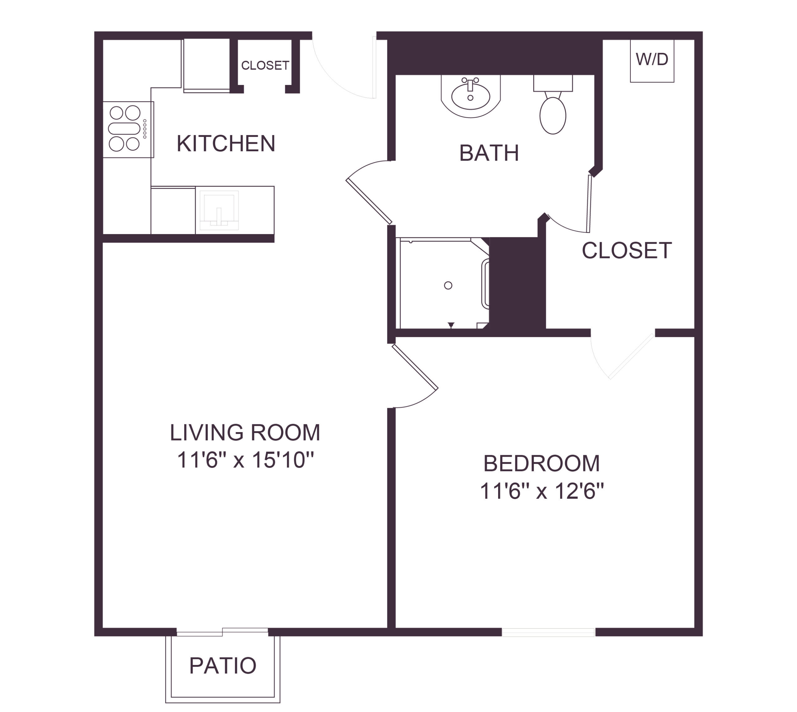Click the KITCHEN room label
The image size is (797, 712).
click(x=226, y=143)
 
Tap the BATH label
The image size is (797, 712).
click(x=489, y=153)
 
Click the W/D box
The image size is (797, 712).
click(x=652, y=61)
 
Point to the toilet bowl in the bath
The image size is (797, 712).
click(x=553, y=116)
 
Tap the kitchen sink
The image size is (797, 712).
click(x=219, y=210)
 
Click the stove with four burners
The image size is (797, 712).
click(x=128, y=130)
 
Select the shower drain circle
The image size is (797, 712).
click(x=448, y=285)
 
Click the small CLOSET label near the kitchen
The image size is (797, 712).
click(x=265, y=65)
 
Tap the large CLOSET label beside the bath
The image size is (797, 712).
click(x=626, y=250)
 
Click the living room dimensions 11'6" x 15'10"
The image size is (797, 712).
click(x=245, y=460)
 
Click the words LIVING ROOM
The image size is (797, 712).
click(x=245, y=432)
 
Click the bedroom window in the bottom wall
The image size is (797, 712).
click(x=548, y=633)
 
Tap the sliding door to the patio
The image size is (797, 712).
click(x=222, y=632)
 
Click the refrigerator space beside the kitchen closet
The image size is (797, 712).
click(x=207, y=65)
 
